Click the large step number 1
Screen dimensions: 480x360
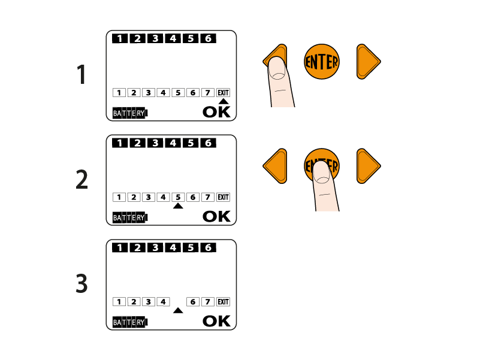coord(81,74)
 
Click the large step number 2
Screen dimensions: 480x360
coord(81,179)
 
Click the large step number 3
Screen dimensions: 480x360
coord(81,283)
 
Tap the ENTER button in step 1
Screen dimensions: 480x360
coord(322,62)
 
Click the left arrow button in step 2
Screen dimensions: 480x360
coord(276,167)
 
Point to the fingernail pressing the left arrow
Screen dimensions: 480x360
coord(277,68)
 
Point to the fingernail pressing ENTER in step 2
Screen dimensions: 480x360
coord(322,173)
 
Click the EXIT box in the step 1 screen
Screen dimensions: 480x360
coord(223,93)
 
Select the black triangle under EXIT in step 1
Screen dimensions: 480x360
coord(224,101)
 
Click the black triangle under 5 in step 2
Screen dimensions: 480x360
coord(178,206)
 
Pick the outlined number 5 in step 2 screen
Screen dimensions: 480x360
coord(178,197)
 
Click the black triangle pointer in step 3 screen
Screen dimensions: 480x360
coord(178,310)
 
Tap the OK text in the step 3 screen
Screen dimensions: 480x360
coord(216,321)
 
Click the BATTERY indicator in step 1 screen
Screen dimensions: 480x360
coord(130,113)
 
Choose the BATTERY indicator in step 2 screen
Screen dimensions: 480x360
coord(130,218)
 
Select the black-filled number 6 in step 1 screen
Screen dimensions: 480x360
coord(208,38)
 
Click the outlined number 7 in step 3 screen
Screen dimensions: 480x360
coord(208,302)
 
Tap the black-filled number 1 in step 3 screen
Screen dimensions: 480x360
coord(120,247)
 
